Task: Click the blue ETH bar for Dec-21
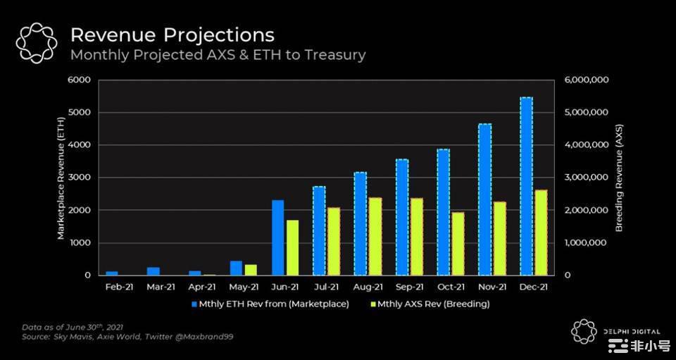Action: [526, 186]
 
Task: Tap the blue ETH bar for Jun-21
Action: [278, 237]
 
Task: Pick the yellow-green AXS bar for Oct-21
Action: [458, 243]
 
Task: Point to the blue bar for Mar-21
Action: [154, 271]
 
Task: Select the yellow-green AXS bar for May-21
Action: [251, 269]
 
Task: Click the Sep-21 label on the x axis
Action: [409, 287]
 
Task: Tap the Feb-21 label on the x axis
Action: [119, 287]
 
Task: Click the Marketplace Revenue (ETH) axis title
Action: [61, 178]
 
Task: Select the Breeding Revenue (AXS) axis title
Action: [620, 178]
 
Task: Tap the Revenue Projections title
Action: [173, 35]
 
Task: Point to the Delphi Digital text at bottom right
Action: [631, 331]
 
